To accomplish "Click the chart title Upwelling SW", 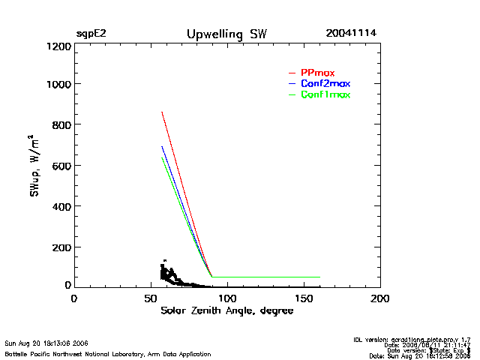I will [226, 34].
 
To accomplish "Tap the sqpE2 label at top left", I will [91, 34].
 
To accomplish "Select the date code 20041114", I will [351, 34].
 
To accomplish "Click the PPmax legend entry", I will [317, 72].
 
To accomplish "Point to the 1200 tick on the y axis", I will [58, 46].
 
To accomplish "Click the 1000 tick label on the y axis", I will [58, 84].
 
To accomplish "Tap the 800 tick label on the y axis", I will [61, 124].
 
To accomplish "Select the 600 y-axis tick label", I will [61, 166].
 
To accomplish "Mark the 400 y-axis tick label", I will [61, 206].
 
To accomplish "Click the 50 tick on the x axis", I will [150, 298].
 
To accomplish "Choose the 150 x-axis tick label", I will [303, 298].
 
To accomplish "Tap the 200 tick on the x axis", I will [380, 298].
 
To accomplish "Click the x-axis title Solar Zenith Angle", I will [227, 311].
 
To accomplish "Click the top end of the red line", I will [162, 112].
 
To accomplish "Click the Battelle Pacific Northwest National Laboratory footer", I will [108, 354].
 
